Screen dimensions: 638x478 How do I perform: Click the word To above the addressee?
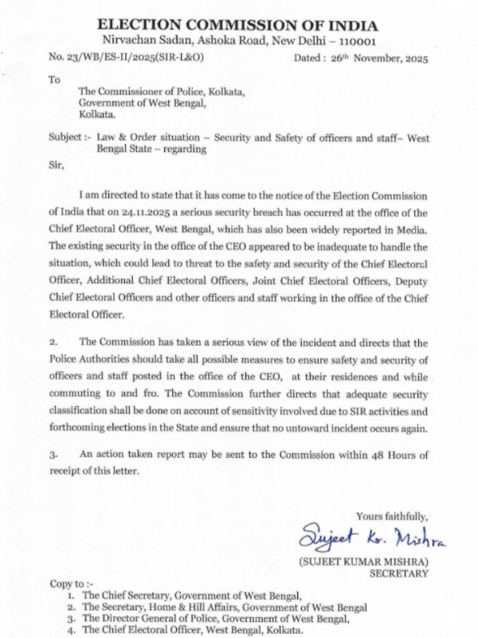click(x=54, y=80)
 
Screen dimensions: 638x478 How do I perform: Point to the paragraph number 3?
click(x=53, y=454)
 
